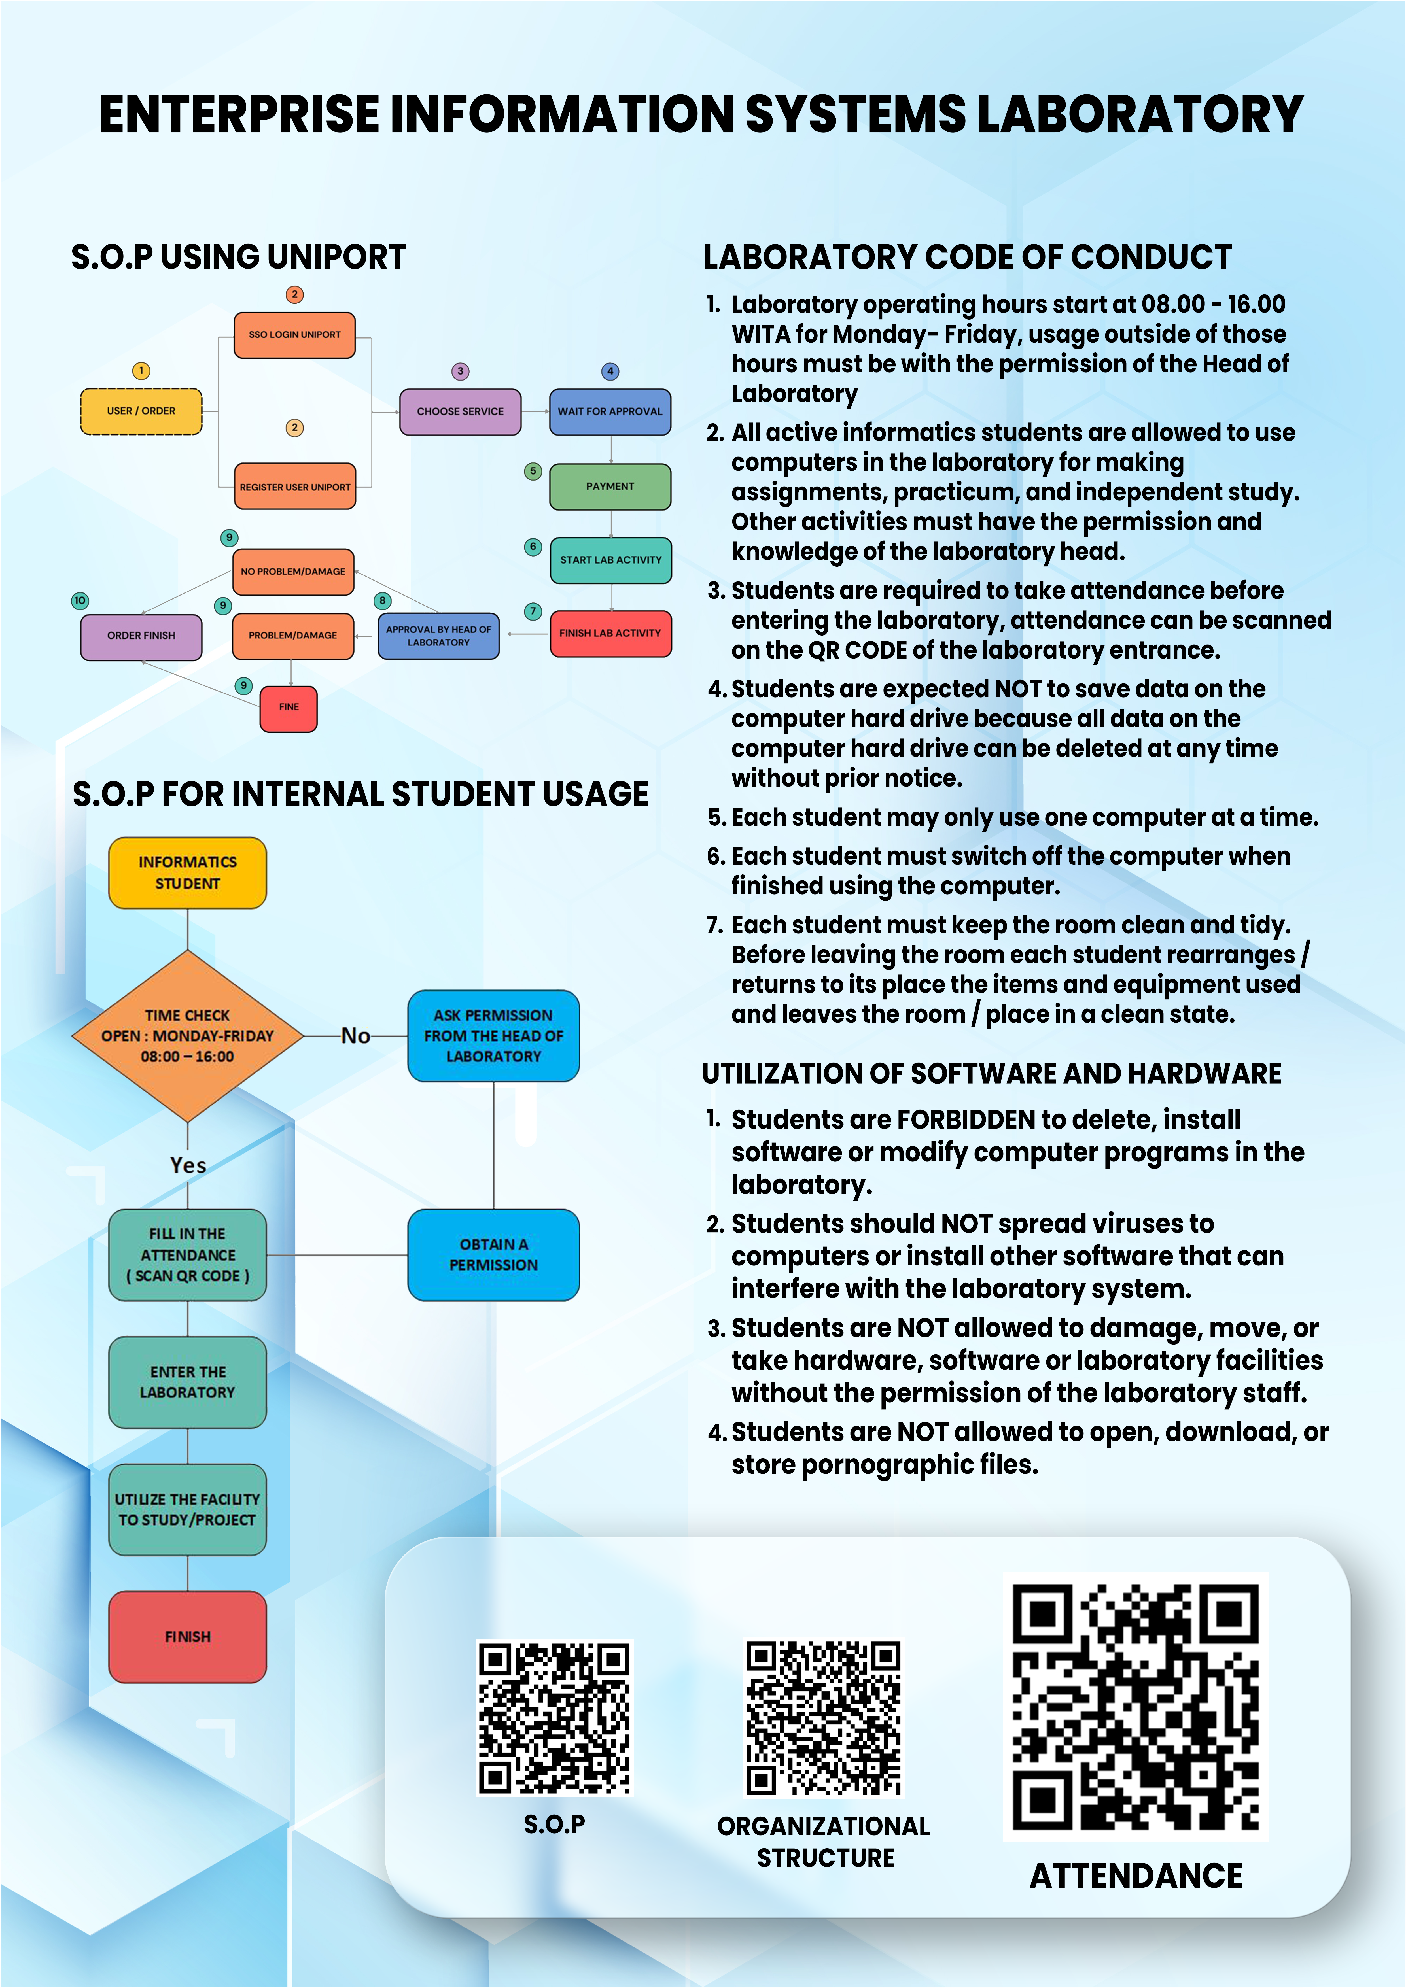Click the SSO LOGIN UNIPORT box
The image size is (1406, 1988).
tap(294, 335)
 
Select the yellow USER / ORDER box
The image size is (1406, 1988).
tap(141, 411)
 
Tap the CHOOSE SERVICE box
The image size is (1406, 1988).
tap(460, 411)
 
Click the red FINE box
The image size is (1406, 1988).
tap(289, 708)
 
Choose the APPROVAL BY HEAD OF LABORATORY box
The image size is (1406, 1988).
tap(438, 636)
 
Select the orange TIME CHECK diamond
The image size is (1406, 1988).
tap(187, 1036)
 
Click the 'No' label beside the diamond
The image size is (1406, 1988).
tap(355, 1036)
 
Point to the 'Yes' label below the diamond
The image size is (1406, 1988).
tap(188, 1165)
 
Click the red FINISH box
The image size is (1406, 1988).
tap(187, 1636)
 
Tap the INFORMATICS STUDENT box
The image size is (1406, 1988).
tap(187, 873)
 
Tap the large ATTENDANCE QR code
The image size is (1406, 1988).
tap(1135, 1706)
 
